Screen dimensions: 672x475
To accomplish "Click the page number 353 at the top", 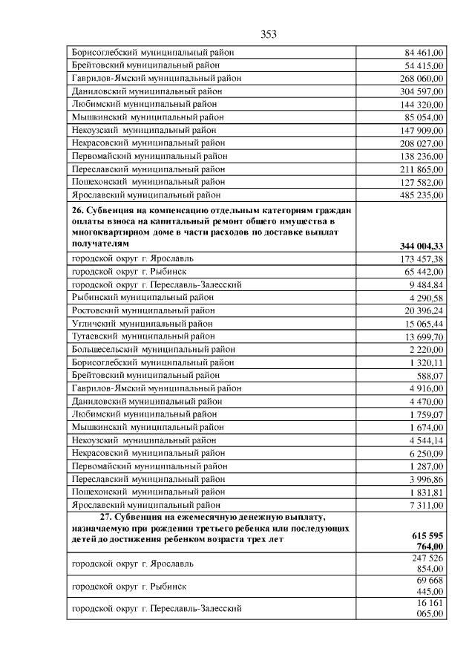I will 269,34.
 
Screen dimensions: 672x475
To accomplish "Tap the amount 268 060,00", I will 422,79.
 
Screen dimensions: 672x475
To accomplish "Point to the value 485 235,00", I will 422,196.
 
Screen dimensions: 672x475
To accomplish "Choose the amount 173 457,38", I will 422,258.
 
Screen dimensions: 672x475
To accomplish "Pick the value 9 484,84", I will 427,284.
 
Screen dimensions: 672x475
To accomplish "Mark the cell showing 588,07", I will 430,375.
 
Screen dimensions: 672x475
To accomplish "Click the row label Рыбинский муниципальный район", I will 142,297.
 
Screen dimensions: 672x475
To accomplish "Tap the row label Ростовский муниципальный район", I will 143,310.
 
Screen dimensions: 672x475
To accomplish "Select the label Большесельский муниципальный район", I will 153,349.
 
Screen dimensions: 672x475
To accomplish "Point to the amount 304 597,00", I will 422,92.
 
